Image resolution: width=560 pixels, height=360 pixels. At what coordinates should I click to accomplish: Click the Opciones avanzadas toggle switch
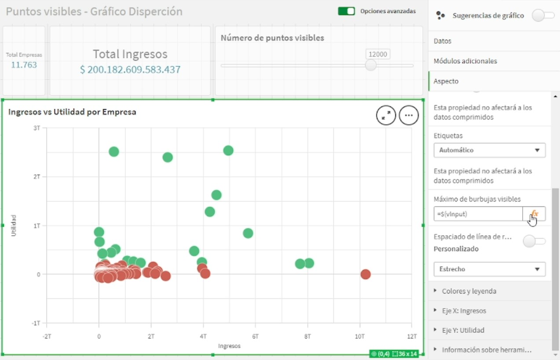tap(346, 11)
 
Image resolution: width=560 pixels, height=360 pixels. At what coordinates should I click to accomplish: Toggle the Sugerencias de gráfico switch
tap(543, 15)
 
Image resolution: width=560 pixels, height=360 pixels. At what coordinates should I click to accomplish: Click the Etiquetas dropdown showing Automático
tap(489, 150)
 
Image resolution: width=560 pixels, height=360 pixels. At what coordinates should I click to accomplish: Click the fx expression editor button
tap(534, 214)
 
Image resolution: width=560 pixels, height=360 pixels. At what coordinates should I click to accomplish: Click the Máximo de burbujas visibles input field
tap(478, 214)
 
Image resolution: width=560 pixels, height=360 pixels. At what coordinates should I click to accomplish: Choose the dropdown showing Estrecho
tap(489, 269)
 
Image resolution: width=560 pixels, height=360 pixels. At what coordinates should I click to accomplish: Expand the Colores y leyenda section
tap(468, 291)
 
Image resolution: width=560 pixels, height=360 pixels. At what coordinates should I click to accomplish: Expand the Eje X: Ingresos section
tap(464, 311)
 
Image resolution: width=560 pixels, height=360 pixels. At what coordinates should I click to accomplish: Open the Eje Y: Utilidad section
tap(463, 330)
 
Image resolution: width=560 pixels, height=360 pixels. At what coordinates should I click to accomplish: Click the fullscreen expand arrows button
tap(386, 115)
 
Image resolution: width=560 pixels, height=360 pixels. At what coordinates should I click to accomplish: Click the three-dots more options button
tap(409, 115)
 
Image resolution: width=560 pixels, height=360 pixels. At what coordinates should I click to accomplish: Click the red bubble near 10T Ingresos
tap(365, 274)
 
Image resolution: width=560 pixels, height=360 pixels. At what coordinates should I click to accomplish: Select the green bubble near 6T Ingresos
tap(248, 233)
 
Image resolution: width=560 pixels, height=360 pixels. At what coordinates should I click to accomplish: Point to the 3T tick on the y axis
tap(37, 128)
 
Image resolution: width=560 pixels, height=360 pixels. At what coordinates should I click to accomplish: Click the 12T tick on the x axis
tap(411, 336)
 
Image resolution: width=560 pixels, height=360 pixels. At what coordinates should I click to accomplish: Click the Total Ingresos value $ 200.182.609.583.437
tap(130, 70)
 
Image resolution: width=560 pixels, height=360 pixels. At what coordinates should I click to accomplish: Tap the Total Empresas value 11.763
tap(24, 65)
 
